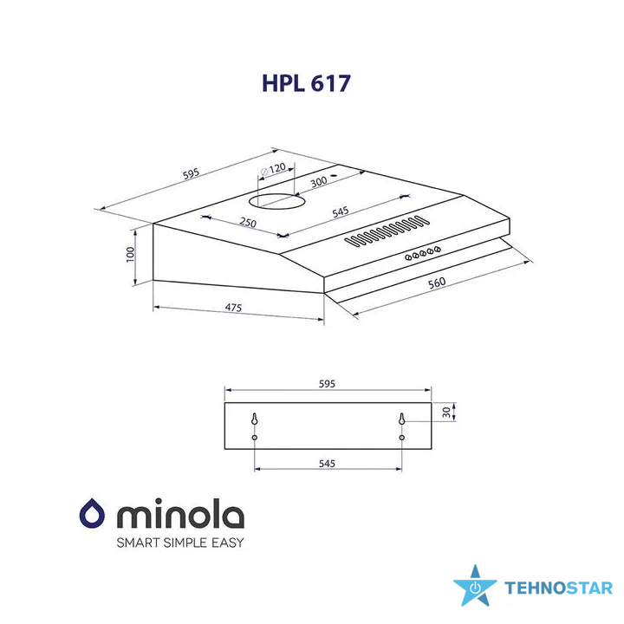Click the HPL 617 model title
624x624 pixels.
[x=306, y=83]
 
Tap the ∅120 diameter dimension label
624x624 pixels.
[x=273, y=169]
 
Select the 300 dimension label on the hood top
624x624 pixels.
[x=319, y=182]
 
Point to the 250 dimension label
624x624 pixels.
[x=248, y=222]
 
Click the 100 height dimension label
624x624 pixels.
[x=130, y=254]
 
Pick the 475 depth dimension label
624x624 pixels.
[x=233, y=308]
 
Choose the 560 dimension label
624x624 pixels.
[x=437, y=283]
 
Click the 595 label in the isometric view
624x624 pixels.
[x=191, y=174]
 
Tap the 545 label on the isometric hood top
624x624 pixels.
[x=341, y=211]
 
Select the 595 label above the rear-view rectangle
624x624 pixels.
[x=327, y=384]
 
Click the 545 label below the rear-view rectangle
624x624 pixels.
[x=327, y=464]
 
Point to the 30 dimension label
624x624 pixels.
[x=446, y=413]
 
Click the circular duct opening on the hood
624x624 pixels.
[x=277, y=201]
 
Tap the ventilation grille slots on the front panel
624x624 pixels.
[x=387, y=231]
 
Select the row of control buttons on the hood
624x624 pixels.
[x=423, y=253]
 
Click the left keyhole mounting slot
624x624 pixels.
[x=255, y=419]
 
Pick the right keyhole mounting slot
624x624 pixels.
[x=402, y=419]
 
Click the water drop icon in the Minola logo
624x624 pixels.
[x=92, y=513]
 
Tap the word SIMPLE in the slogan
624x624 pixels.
[x=185, y=543]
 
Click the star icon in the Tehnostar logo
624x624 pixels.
[x=475, y=586]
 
